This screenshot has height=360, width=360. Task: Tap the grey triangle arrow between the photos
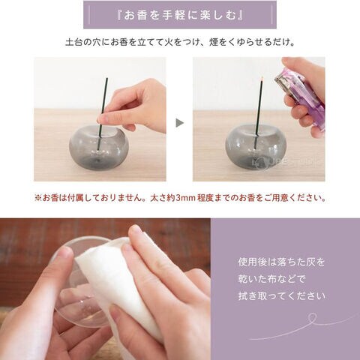coord(180,123)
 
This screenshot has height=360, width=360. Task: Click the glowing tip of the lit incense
coord(262,79)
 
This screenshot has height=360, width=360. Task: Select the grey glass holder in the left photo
coord(98,147)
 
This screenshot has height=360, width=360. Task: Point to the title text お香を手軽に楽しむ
coord(180,15)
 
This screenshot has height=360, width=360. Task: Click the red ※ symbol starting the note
coord(38,198)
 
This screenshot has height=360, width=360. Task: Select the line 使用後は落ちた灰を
coord(281,262)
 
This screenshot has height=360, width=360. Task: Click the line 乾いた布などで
coord(271,279)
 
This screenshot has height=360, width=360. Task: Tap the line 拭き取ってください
coord(282,296)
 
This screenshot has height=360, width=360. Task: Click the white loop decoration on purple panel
coord(312,318)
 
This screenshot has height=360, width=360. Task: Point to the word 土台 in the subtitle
coord(74,42)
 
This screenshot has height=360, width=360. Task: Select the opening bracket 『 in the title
coord(120,15)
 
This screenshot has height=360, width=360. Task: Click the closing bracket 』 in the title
coord(239,15)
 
